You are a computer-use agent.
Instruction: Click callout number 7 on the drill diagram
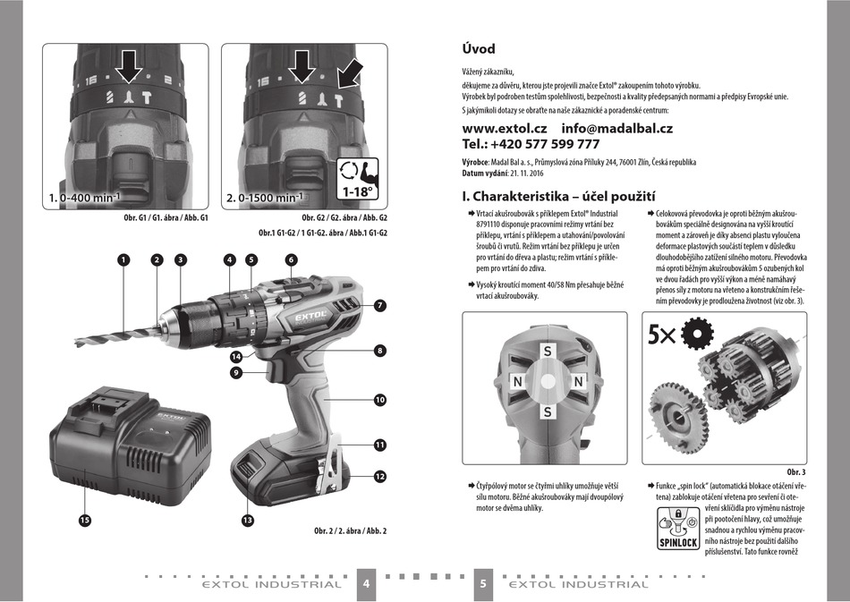click(380, 306)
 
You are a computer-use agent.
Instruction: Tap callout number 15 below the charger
click(85, 521)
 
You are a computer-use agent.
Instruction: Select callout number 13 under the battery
click(247, 521)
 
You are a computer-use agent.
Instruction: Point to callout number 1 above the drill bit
click(123, 260)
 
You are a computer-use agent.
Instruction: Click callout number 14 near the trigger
click(236, 357)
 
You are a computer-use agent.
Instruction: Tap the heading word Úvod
click(479, 49)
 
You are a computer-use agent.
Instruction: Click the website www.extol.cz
click(504, 129)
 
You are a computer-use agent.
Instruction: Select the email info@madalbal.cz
click(616, 129)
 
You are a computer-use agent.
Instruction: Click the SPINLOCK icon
click(678, 529)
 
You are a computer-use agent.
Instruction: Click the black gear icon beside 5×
click(697, 334)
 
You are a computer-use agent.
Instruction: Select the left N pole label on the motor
click(518, 382)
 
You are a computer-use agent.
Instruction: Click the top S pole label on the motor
click(548, 352)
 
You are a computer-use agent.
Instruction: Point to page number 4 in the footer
click(367, 583)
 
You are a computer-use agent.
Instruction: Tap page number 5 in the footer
click(483, 583)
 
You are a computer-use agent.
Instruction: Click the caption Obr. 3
click(795, 472)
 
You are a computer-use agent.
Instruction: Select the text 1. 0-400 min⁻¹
click(85, 198)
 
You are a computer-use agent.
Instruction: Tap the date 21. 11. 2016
click(526, 174)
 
